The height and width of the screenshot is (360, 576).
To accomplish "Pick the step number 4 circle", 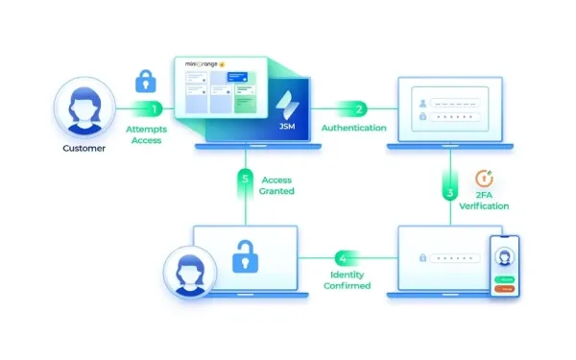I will tap(343, 258).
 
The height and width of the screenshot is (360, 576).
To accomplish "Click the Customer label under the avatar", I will tap(84, 149).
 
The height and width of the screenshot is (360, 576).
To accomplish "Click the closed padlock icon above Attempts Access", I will tap(146, 79).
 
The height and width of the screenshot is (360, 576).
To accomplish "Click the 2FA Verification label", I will tap(485, 200).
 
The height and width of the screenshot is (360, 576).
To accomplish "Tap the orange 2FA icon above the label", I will tap(486, 177).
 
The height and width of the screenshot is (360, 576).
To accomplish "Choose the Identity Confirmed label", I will tap(343, 279).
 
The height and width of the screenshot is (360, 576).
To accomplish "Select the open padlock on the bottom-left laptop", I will tap(249, 255).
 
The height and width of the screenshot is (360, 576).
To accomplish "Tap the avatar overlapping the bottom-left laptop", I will tap(188, 272).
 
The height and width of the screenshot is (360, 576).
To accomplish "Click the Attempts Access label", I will tap(146, 133).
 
